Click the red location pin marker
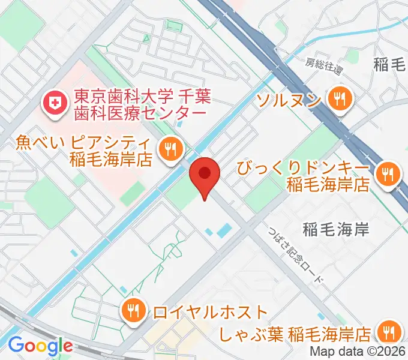tap(205, 174)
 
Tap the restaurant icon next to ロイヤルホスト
tap(131, 311)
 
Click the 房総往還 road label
tap(324, 66)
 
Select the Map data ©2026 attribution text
tap(358, 352)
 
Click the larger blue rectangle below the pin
tap(224, 229)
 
